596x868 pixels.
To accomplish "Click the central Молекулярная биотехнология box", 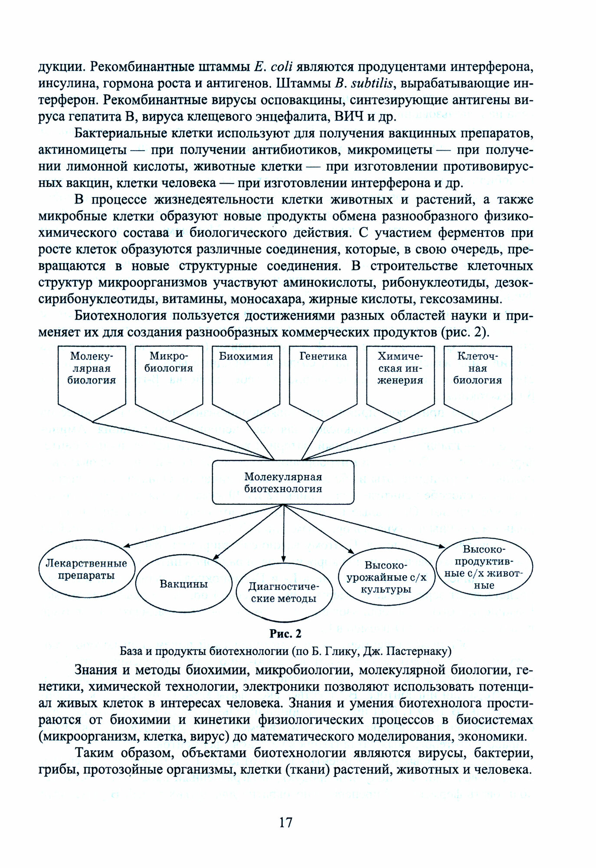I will [283, 482].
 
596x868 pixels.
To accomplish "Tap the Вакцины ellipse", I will [183, 584].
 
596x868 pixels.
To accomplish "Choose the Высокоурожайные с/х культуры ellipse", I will [386, 578].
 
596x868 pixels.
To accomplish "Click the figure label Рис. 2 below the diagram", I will [285, 634].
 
